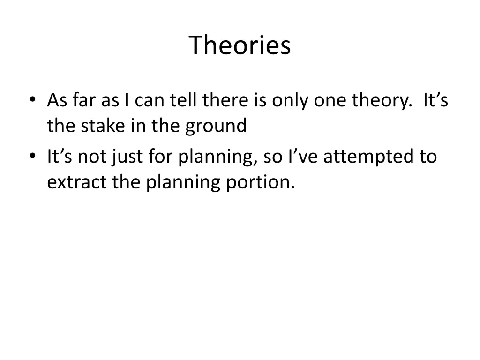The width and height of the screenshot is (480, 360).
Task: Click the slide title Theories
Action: coord(240,45)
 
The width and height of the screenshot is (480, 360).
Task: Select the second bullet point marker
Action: coord(32,157)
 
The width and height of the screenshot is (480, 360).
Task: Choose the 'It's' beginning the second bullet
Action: coord(60,157)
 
